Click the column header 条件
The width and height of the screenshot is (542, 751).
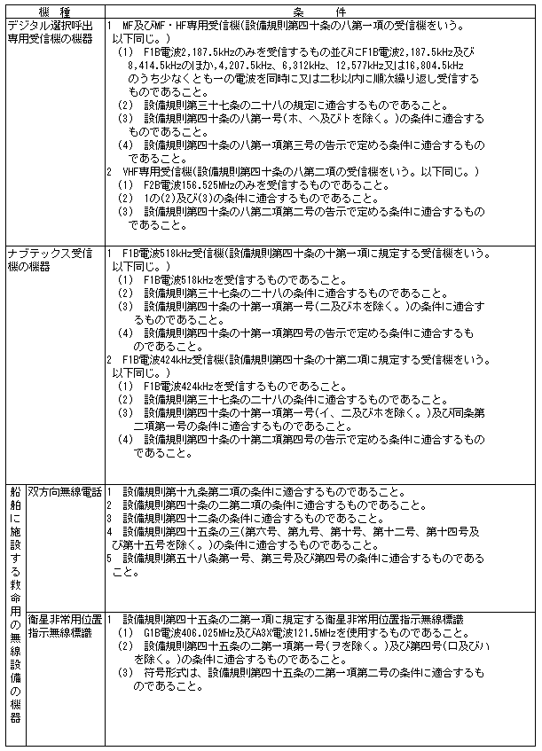[322, 8]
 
